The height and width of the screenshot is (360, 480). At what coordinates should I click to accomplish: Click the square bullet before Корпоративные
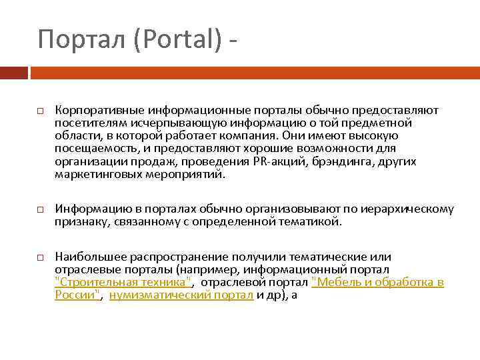[40, 109]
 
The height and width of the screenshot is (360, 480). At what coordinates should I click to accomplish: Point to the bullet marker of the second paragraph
[40, 209]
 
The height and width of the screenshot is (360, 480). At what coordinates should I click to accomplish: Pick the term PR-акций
[275, 161]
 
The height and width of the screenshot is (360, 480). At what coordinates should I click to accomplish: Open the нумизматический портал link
[181, 295]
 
